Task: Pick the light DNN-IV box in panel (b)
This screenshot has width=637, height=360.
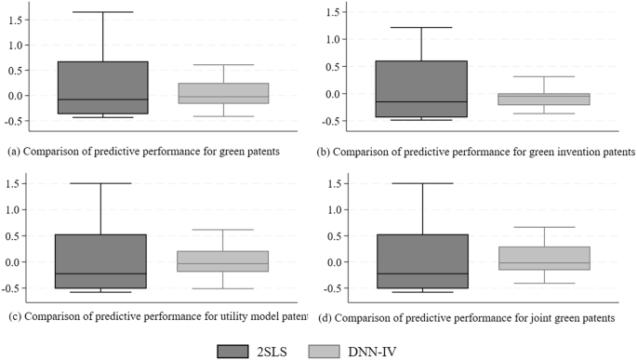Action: click(x=543, y=99)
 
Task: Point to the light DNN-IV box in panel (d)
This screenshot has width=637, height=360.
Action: click(x=543, y=258)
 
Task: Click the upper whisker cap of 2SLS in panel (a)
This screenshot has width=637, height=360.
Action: click(x=103, y=12)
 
